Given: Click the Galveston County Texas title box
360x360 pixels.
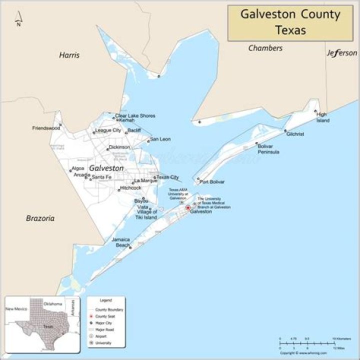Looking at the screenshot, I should click(290, 22).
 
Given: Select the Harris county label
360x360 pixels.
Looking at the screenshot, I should click(69, 55).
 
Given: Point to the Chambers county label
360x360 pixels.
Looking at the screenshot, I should click(265, 48).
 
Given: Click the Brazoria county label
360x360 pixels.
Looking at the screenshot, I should click(40, 218).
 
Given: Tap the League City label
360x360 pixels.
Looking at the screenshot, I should click(108, 130).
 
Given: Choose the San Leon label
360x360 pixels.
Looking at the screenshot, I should click(160, 139).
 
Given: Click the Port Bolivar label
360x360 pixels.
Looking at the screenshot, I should click(212, 182).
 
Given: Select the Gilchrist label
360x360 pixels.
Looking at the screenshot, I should click(295, 134).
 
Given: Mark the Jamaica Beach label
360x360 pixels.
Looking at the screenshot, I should click(120, 242).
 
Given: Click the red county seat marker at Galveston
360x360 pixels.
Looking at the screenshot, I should click(188, 207).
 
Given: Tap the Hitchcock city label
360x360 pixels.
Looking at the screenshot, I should click(130, 188).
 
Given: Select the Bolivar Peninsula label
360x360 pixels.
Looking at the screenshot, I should click(268, 148).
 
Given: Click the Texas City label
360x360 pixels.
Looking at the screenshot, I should click(167, 177).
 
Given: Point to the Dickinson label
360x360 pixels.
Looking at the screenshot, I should click(119, 147).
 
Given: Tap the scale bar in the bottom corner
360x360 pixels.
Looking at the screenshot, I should click(306, 343).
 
